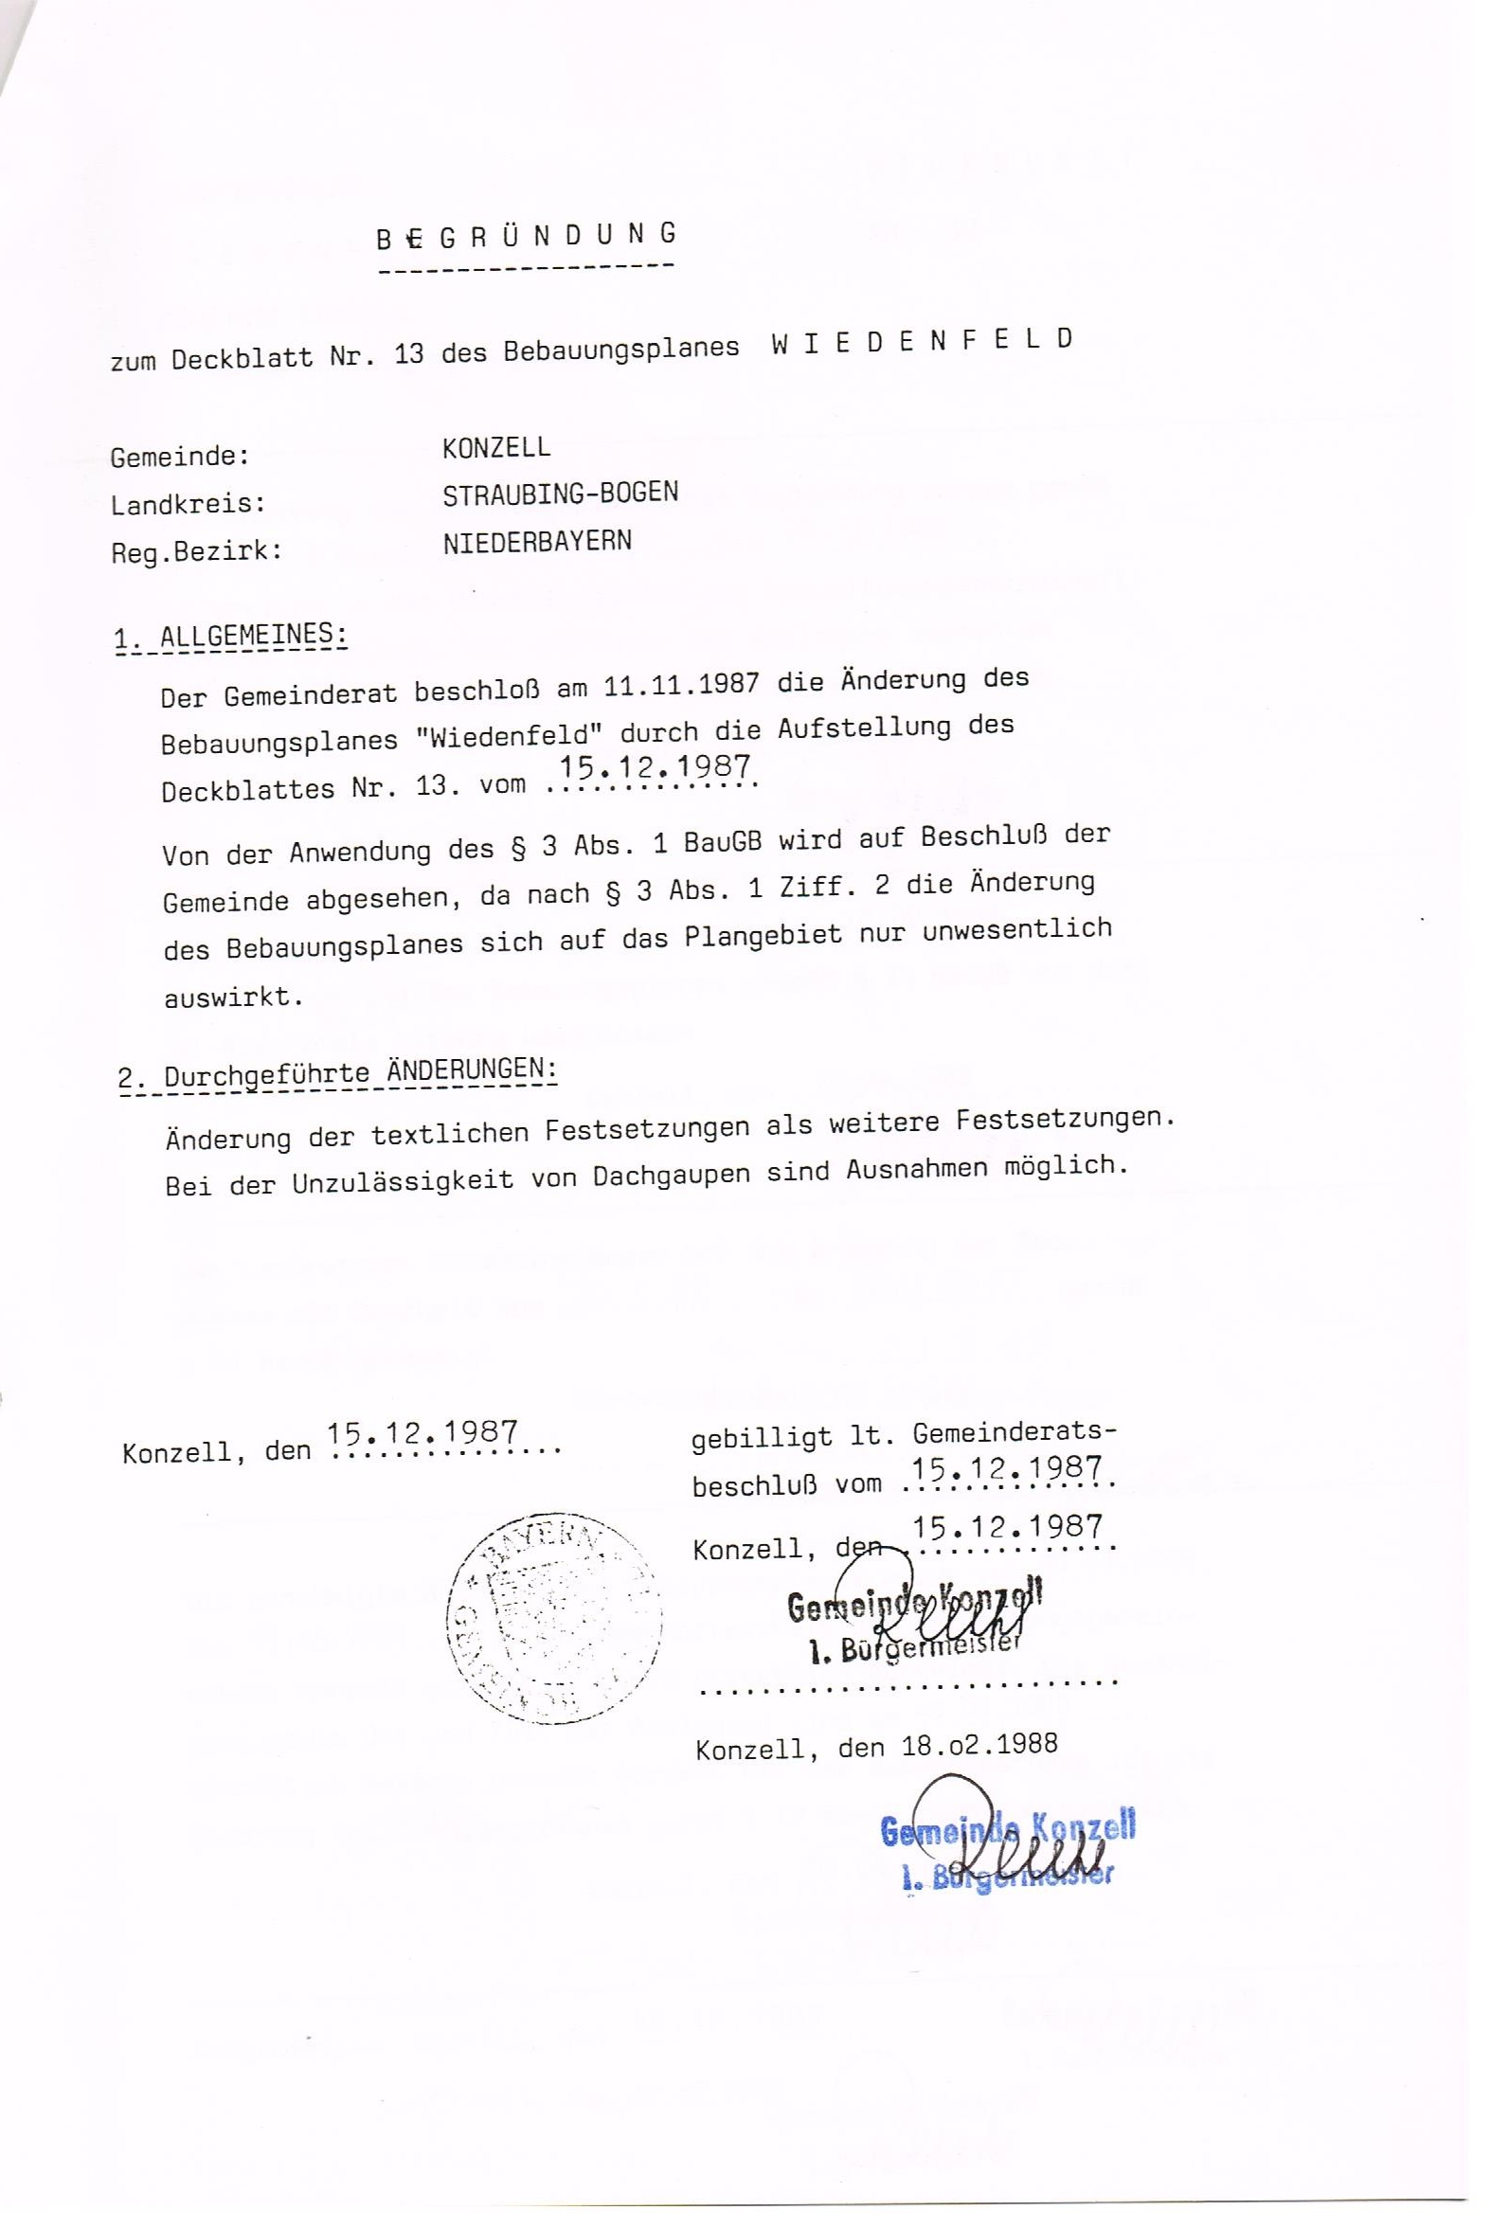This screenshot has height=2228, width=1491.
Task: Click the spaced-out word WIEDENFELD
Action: [x=922, y=341]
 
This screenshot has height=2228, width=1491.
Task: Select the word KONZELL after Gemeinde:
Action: [x=495, y=448]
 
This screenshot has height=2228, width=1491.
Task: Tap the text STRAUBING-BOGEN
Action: [x=560, y=494]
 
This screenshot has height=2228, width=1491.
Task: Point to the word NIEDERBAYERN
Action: [x=536, y=543]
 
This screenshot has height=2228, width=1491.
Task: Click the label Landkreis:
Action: [x=188, y=503]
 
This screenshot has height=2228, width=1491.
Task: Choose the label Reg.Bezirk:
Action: [x=196, y=551]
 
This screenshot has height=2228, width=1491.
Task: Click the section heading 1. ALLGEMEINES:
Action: [x=230, y=637]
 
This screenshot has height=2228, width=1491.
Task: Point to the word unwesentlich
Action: [x=1016, y=929]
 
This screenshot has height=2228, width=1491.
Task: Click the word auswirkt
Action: [x=233, y=997]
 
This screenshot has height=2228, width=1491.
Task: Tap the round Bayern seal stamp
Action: [x=553, y=1618]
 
